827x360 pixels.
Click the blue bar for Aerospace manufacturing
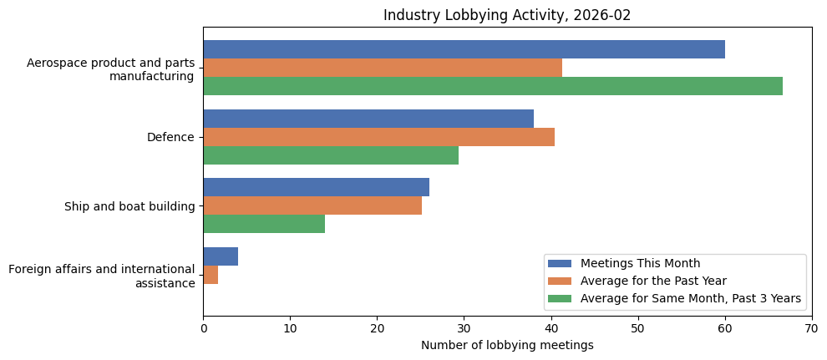464,49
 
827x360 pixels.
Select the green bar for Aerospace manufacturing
492,86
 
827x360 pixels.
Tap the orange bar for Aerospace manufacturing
382,68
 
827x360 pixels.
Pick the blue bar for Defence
368,119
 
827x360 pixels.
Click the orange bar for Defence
378,137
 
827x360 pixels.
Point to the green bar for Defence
330,155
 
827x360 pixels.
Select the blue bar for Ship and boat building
316,187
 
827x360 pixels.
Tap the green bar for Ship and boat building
264,224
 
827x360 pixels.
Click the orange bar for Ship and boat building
312,205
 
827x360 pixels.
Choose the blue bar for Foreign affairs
221,256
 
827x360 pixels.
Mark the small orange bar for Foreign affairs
211,275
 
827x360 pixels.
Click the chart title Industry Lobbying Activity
506,15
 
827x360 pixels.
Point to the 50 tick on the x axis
637,329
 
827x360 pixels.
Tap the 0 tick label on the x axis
203,329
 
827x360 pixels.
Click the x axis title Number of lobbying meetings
506,346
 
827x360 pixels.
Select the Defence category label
170,137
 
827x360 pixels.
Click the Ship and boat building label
129,206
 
